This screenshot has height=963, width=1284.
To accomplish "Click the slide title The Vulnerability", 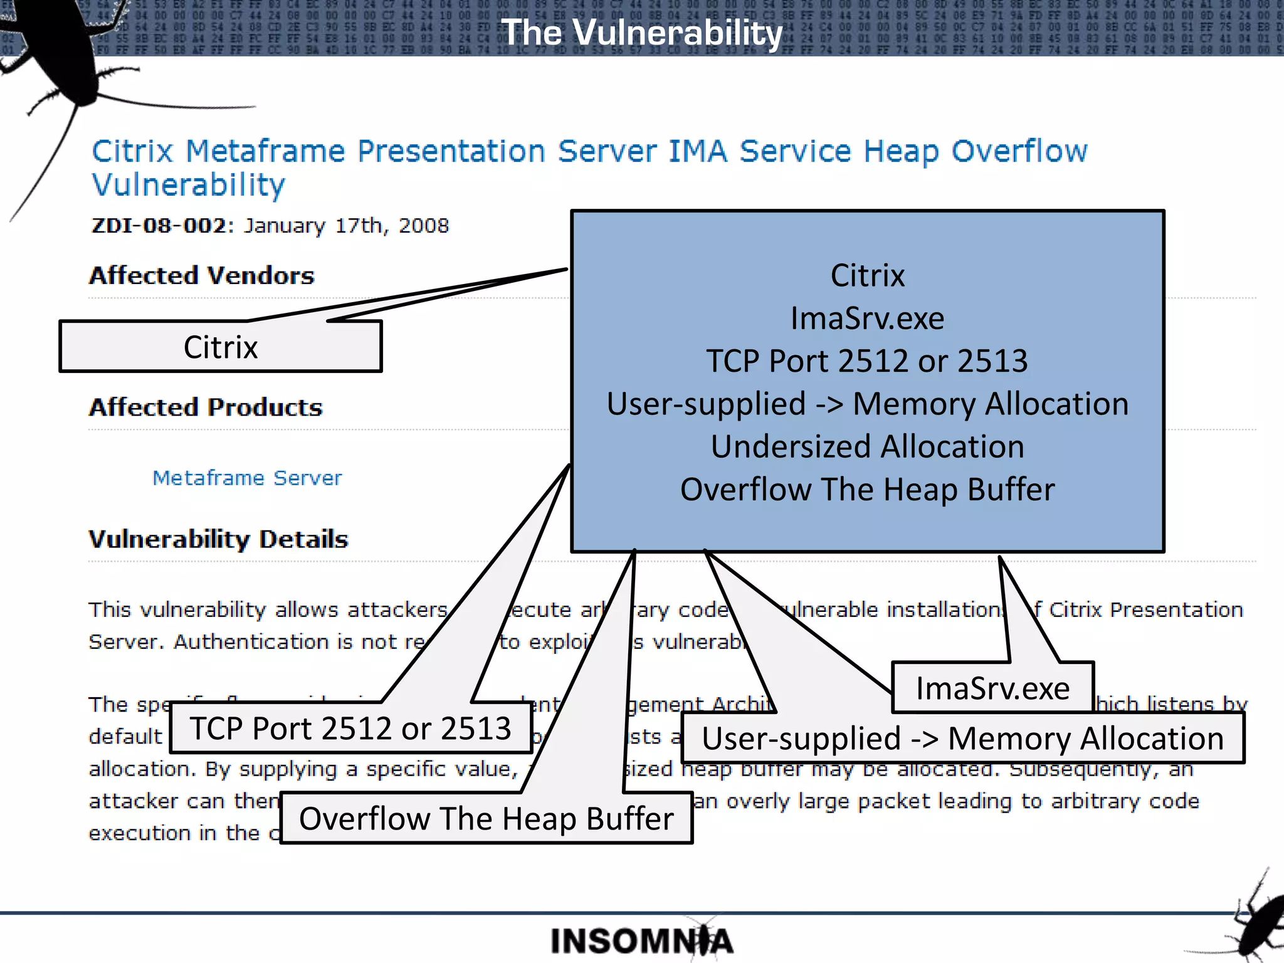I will pyautogui.click(x=642, y=33).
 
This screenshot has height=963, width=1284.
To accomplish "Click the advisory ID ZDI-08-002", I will pyautogui.click(x=158, y=226).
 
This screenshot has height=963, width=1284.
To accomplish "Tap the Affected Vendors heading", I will pyautogui.click(x=201, y=276).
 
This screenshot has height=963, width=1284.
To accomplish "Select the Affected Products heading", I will pyautogui.click(x=206, y=408).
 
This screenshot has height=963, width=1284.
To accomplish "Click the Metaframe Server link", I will pyautogui.click(x=247, y=478).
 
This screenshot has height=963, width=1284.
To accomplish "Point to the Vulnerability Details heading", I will pyautogui.click(x=218, y=539).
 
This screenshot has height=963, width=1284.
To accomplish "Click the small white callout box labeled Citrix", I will pyautogui.click(x=220, y=347).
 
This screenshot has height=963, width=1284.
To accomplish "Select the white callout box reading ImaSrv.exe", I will pyautogui.click(x=992, y=688).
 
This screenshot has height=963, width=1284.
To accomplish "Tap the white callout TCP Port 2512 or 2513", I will pyautogui.click(x=350, y=729).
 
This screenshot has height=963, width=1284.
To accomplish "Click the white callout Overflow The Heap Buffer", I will pyautogui.click(x=486, y=819).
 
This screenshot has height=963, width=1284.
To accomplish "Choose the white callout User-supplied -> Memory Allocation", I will pyautogui.click(x=962, y=739).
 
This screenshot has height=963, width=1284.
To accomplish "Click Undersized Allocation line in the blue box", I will pyautogui.click(x=867, y=447).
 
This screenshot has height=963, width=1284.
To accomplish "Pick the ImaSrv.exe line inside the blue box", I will pyautogui.click(x=867, y=318).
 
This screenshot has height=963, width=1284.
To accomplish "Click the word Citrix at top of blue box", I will pyautogui.click(x=867, y=276).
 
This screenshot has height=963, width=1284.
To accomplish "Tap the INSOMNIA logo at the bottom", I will pyautogui.click(x=641, y=941).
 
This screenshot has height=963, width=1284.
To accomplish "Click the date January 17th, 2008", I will pyautogui.click(x=346, y=226).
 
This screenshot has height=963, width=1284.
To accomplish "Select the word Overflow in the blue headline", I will pyautogui.click(x=1019, y=152).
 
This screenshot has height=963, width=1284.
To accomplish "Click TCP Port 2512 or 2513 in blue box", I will pyautogui.click(x=867, y=361).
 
